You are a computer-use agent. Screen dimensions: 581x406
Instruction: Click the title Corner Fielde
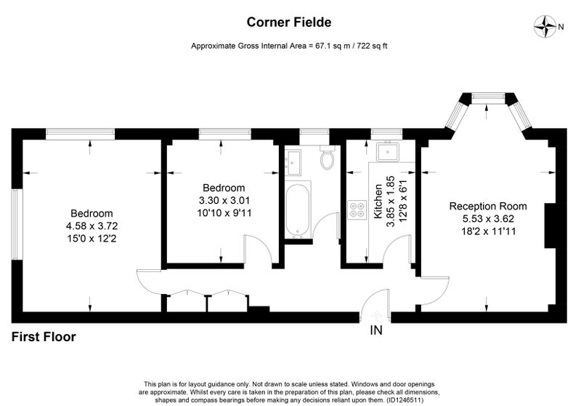click(289, 23)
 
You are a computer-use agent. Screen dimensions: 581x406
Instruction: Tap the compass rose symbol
click(545, 26)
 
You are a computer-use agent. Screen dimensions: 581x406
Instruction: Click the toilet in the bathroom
click(328, 158)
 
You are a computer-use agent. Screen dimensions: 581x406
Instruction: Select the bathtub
click(298, 210)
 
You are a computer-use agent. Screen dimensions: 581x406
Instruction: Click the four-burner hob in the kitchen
click(357, 210)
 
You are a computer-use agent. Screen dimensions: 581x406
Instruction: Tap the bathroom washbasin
click(293, 162)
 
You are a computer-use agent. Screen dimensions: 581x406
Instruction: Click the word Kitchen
click(378, 201)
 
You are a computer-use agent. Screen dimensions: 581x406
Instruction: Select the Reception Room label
click(488, 206)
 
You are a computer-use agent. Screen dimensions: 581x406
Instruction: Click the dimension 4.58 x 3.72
click(92, 226)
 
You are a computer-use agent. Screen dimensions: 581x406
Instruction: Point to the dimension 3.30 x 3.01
click(224, 200)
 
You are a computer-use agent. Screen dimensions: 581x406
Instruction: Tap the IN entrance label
click(376, 330)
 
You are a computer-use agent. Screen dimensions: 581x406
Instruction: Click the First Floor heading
click(44, 337)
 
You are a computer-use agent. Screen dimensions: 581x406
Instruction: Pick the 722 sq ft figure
click(372, 46)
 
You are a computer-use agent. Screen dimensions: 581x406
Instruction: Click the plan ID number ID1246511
click(405, 400)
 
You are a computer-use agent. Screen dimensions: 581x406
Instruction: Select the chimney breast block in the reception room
click(550, 226)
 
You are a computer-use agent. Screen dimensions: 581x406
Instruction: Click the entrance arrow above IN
click(376, 317)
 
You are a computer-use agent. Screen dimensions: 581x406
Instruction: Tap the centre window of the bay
click(488, 97)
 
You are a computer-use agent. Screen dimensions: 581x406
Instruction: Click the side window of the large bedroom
click(15, 225)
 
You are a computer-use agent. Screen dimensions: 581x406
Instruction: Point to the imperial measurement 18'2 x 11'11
click(488, 231)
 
